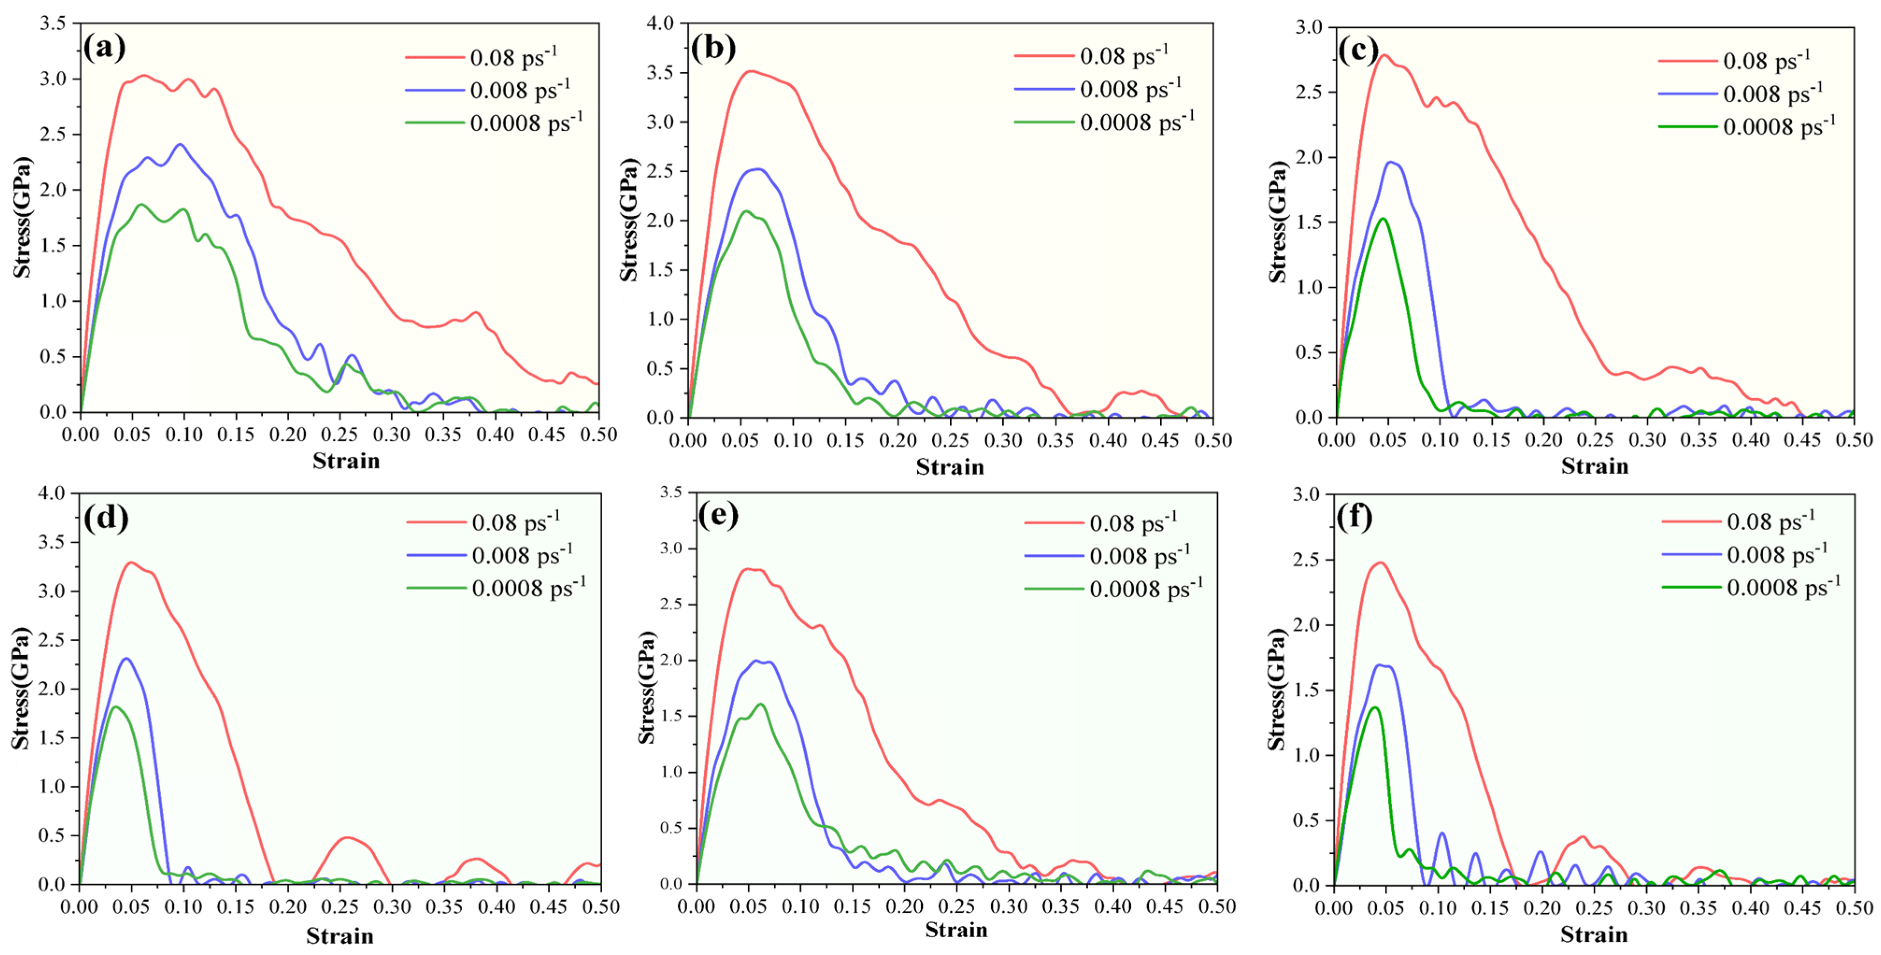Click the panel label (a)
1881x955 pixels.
pos(104,48)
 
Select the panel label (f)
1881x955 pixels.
pos(1354,517)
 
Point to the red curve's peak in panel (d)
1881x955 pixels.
pos(131,562)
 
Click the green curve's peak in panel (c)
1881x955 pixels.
pos(1382,218)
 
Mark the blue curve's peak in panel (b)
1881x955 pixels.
pos(759,170)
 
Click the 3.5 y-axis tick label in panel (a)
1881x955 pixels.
pos(53,23)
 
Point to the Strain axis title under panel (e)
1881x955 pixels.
pos(956,929)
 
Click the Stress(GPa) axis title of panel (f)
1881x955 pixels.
pos(1276,690)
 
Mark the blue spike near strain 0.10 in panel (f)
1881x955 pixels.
pos(1441,833)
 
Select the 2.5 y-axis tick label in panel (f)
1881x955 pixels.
pos(1307,560)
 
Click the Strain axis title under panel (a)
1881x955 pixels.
pos(346,461)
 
